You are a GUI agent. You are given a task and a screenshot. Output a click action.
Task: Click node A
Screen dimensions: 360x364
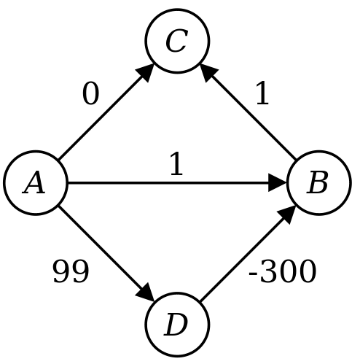[x=35, y=183]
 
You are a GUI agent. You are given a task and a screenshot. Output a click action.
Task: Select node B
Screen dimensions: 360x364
[x=319, y=183]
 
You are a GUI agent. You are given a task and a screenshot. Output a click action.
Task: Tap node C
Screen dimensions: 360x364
[x=177, y=41]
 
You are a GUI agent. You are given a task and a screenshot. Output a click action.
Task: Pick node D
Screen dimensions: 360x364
[x=177, y=325]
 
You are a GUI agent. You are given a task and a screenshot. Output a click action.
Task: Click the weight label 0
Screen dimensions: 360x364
[x=91, y=94]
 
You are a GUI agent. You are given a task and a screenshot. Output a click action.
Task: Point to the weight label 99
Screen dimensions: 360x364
[x=71, y=271]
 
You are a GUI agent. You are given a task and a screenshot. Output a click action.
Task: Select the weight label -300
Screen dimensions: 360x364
[x=282, y=271]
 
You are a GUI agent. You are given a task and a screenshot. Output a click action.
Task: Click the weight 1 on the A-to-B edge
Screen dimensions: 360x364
[x=176, y=163]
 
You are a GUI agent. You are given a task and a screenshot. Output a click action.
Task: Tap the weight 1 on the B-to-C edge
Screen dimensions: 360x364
[x=262, y=93]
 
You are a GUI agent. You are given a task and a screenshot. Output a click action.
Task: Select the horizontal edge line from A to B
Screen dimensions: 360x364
[x=177, y=183]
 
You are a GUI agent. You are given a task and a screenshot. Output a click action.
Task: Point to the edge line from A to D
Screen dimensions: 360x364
[x=106, y=254]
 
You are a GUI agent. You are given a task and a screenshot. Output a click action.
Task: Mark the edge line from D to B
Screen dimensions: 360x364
[x=248, y=254]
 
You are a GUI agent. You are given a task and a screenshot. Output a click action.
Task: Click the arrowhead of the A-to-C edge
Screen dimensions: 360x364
[x=144, y=73]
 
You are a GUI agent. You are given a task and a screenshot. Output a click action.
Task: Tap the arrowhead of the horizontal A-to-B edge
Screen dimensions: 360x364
[x=278, y=183]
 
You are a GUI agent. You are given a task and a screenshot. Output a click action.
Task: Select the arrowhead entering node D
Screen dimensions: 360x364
[x=145, y=293]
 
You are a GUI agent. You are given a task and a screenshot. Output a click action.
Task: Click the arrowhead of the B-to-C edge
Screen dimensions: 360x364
[x=209, y=73]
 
